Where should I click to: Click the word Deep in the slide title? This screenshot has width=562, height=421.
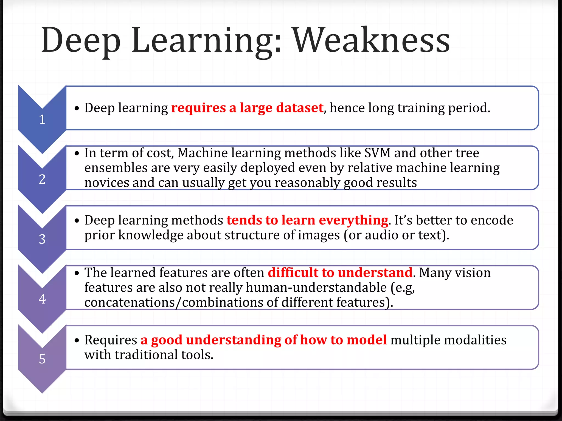tap(81, 41)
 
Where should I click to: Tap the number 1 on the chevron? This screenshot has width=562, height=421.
tap(42, 120)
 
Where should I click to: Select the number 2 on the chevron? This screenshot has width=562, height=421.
tap(42, 179)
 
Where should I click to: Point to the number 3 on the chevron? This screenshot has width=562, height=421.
tap(42, 239)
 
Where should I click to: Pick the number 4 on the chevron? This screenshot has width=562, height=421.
tap(42, 299)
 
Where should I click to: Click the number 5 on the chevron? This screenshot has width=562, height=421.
tap(42, 359)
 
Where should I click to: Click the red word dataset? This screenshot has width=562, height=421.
tap(300, 108)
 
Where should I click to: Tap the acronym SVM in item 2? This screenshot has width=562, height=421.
tap(377, 153)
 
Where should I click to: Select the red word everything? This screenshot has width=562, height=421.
tap(353, 220)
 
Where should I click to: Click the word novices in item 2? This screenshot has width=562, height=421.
tap(106, 183)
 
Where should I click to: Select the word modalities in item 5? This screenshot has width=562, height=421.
tap(476, 340)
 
